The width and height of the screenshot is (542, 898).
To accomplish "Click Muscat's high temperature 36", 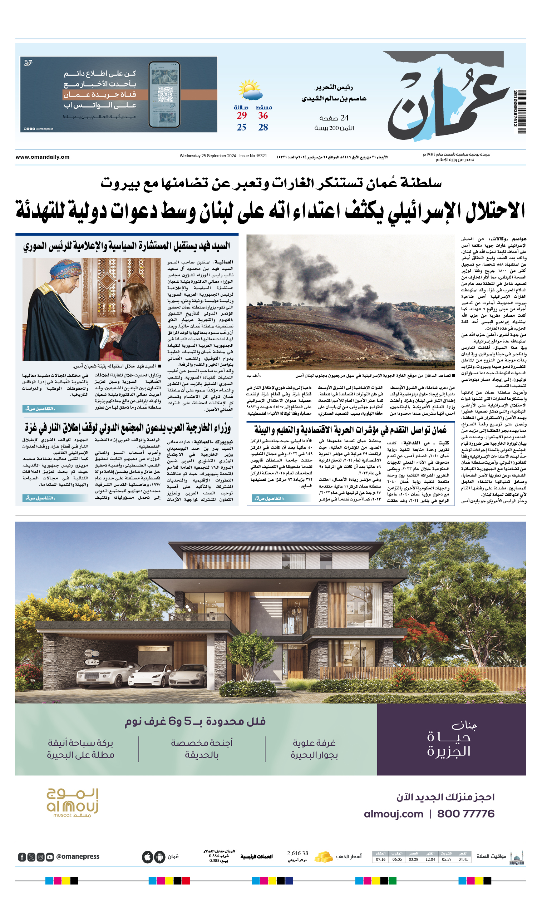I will click(x=263, y=115).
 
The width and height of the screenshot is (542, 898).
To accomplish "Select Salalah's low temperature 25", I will click(x=241, y=127).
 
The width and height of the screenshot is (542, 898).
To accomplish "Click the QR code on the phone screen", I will click(x=165, y=94).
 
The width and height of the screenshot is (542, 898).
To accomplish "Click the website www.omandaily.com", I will click(x=42, y=157).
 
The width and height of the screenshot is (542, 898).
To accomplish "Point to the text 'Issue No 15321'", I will click(x=253, y=156).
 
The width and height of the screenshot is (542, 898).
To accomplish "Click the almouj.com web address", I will click(x=393, y=813).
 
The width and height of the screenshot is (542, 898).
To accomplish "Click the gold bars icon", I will click(x=323, y=857).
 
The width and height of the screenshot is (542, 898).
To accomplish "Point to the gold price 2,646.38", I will click(x=297, y=853).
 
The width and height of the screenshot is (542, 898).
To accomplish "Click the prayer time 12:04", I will click(x=430, y=859).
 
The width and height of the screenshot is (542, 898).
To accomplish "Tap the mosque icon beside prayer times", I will click(x=517, y=857).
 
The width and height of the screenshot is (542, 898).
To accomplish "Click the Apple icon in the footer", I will click(x=147, y=857).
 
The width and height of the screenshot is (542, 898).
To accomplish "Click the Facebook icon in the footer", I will click(x=22, y=857).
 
